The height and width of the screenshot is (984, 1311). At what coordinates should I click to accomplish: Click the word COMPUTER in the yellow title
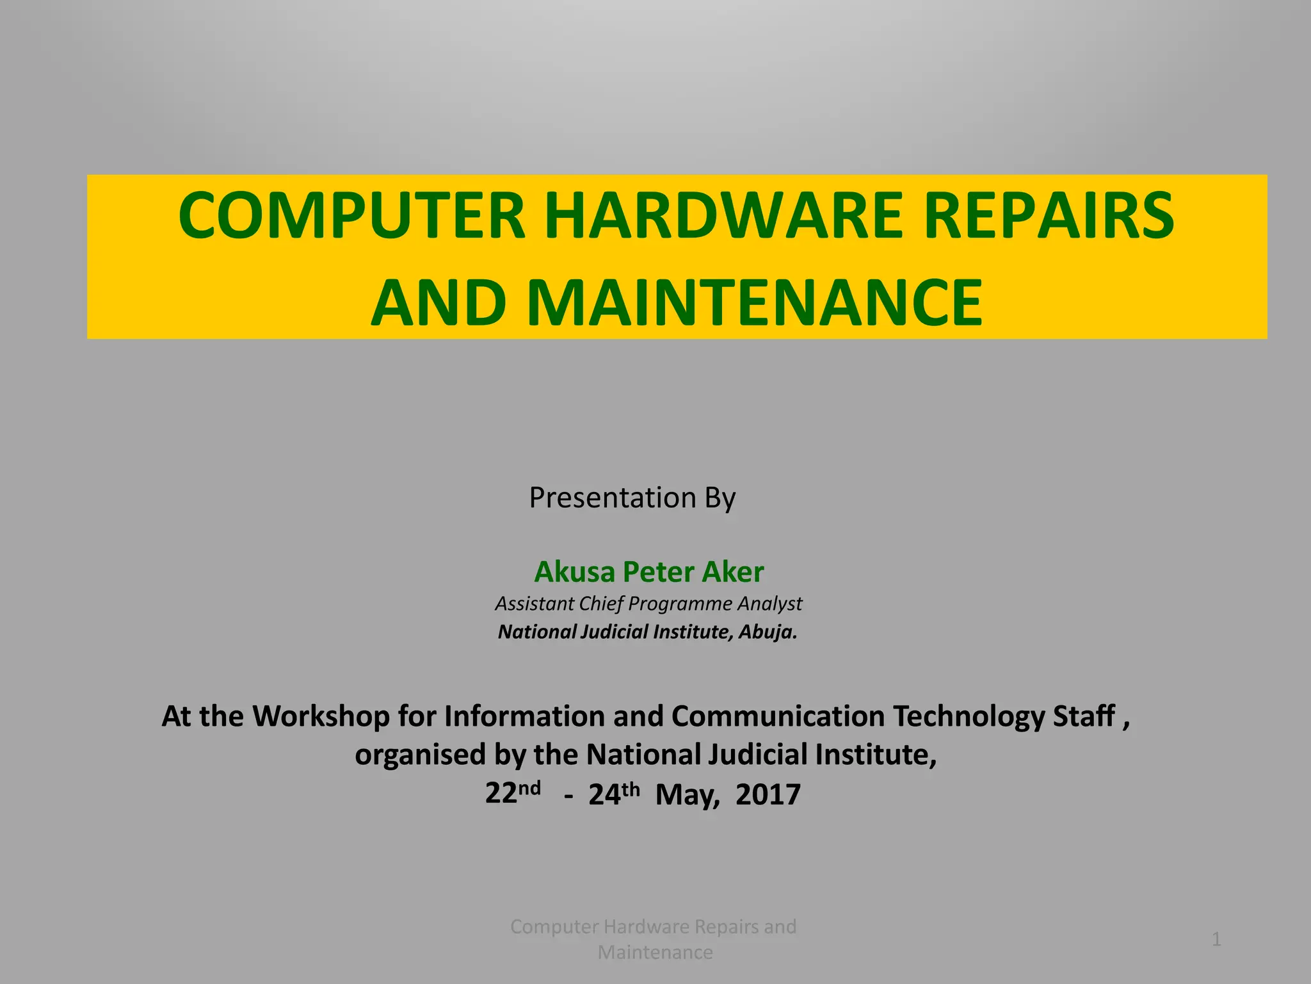click(351, 215)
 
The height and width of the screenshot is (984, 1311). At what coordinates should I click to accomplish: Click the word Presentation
click(613, 498)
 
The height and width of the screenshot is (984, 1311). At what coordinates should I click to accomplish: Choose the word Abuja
click(768, 632)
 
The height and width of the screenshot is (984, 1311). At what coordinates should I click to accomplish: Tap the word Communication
click(778, 716)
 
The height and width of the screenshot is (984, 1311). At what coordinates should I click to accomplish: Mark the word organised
click(421, 755)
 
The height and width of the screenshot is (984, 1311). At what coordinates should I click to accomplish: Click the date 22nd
click(512, 793)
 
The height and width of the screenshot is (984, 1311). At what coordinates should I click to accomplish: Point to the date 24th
click(614, 793)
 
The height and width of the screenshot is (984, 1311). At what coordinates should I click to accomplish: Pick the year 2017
click(768, 794)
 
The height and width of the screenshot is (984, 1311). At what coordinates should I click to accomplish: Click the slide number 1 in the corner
click(1216, 940)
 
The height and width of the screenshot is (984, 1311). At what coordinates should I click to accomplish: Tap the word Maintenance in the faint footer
click(655, 953)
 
